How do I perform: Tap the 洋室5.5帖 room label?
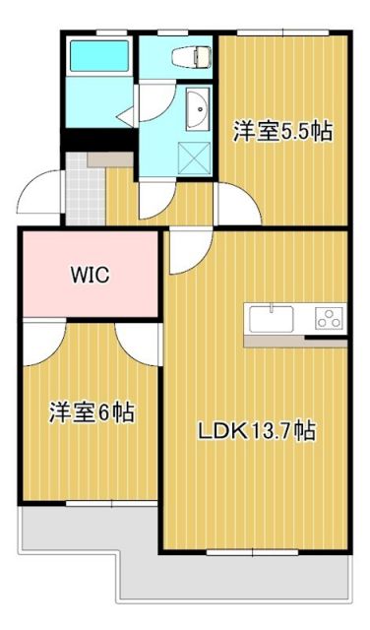[281, 131]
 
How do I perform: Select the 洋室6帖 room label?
[92, 412]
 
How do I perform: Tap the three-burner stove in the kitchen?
[329, 318]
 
